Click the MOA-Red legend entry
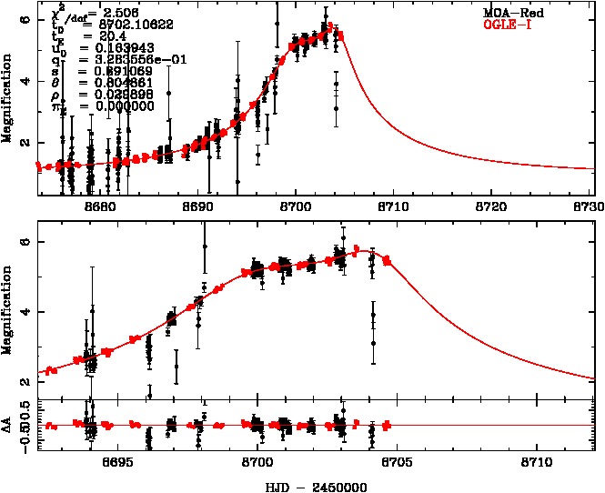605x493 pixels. pos(515,13)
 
